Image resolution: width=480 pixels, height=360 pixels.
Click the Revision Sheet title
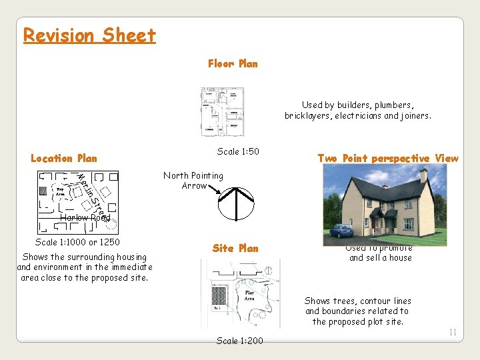tap(89, 35)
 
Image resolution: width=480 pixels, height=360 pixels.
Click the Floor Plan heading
tap(233, 64)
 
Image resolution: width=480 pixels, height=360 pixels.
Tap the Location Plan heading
tap(64, 159)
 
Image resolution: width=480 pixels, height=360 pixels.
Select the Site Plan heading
tap(235, 248)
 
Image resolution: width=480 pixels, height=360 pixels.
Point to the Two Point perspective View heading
tap(388, 159)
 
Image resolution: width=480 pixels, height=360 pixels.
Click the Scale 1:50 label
tap(238, 151)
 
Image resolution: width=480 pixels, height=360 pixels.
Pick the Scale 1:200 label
tap(240, 341)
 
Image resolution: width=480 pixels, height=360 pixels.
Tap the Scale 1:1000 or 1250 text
tap(77, 242)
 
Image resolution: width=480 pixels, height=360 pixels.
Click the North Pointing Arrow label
tap(193, 181)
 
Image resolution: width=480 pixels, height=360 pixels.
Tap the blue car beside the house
tap(341, 231)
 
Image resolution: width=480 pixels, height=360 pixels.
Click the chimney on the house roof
tap(423, 176)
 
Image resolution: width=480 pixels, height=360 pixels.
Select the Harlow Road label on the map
tap(85, 217)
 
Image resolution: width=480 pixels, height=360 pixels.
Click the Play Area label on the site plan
tap(249, 295)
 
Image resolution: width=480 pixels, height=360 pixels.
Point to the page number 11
tap(453, 332)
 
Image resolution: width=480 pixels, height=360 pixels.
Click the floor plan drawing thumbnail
tap(223, 111)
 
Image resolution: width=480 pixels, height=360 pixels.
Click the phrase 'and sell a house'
tap(381, 258)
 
